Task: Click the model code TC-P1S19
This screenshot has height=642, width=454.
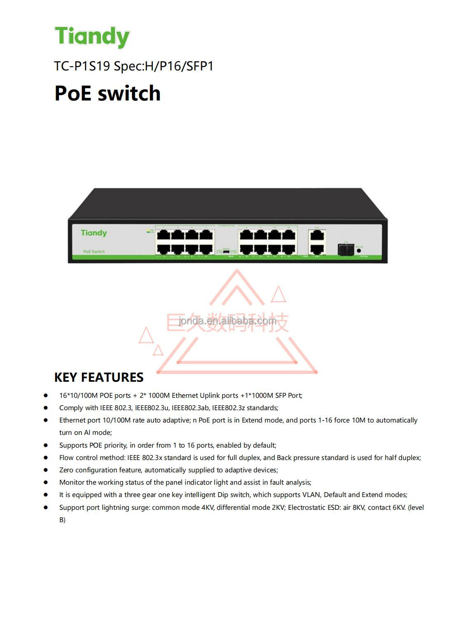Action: coord(82,66)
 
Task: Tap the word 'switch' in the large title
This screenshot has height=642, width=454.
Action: coord(129,93)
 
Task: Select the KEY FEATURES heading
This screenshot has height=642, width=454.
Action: coord(99,377)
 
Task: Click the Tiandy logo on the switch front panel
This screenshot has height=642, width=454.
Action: coord(94,233)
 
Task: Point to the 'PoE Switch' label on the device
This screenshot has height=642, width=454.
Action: coord(94,252)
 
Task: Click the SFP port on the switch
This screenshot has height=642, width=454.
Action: coord(346,249)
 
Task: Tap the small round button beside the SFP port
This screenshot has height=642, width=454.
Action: coord(359,250)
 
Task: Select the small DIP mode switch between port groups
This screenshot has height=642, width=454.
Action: coord(226,251)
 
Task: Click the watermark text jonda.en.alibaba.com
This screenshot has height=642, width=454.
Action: coord(227,321)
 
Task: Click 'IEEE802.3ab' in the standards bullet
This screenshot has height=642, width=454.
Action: coord(190,408)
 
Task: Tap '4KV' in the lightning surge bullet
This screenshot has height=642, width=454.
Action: coord(207,508)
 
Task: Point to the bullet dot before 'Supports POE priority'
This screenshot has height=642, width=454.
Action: coord(46,445)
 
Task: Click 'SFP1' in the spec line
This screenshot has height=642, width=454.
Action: coord(200,66)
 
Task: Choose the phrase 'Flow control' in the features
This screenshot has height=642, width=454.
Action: coord(79,458)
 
